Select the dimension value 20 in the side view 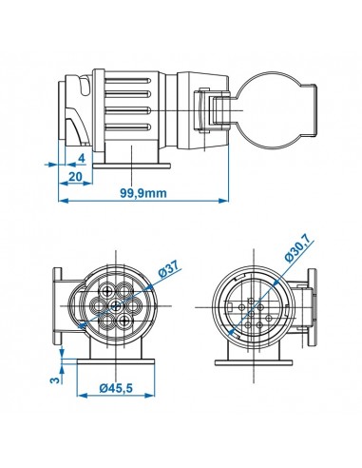(73, 177)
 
